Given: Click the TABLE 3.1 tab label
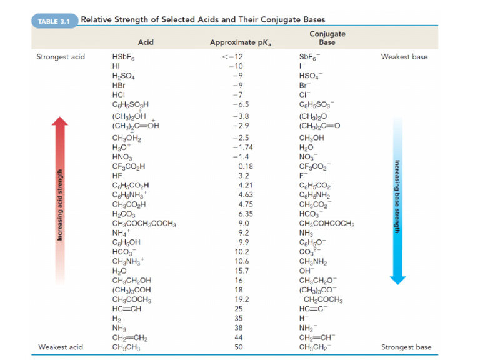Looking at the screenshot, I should click(x=54, y=21).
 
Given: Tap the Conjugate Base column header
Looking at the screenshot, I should click(x=327, y=38).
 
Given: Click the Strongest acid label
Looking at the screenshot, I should click(x=61, y=57).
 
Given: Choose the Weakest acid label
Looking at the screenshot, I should click(x=61, y=347).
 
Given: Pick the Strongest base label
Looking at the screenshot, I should click(x=406, y=347).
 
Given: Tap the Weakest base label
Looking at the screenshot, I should click(x=404, y=57).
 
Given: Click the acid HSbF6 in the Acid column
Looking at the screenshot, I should click(x=124, y=57).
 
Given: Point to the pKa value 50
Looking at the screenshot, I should click(x=238, y=347).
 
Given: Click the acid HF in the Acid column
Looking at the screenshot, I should click(x=117, y=176).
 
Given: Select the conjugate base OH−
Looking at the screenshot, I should click(x=307, y=271).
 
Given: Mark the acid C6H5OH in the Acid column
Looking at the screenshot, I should click(x=127, y=242).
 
